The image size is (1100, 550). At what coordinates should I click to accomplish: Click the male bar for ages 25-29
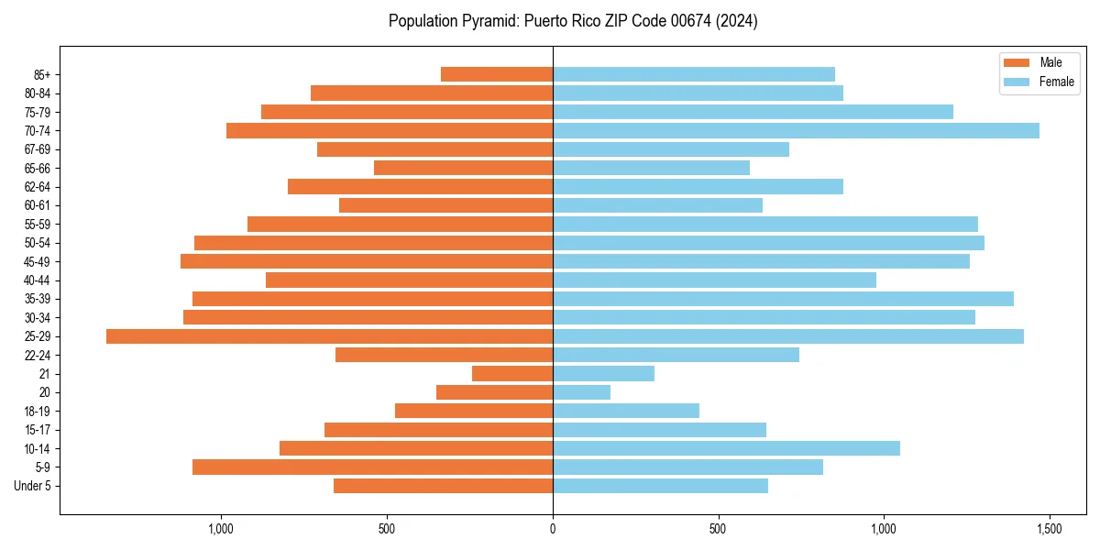point(329,336)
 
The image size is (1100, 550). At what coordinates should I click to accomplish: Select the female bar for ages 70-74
point(796,130)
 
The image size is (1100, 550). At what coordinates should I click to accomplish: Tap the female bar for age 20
point(581,392)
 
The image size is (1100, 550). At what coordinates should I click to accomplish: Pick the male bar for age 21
point(512,374)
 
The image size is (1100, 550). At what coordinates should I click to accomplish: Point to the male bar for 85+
point(497,74)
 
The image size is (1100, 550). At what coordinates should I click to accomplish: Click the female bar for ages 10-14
point(726,448)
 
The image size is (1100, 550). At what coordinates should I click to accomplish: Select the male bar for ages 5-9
point(372,467)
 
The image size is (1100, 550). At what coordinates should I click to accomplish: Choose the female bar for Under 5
point(660,486)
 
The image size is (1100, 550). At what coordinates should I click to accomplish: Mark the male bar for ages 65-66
point(463,168)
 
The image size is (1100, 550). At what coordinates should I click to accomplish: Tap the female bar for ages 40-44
point(714,280)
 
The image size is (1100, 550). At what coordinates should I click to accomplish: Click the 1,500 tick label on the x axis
point(1049,529)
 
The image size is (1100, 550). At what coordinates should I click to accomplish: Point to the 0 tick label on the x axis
point(553,529)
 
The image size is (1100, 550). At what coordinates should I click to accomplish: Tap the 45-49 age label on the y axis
point(38,261)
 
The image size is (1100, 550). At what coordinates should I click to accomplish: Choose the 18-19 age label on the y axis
point(38,412)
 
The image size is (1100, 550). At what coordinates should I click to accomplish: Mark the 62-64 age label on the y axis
point(38,187)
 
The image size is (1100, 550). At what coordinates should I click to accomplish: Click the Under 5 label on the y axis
point(33,486)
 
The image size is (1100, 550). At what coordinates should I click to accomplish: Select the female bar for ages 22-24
point(676,355)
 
